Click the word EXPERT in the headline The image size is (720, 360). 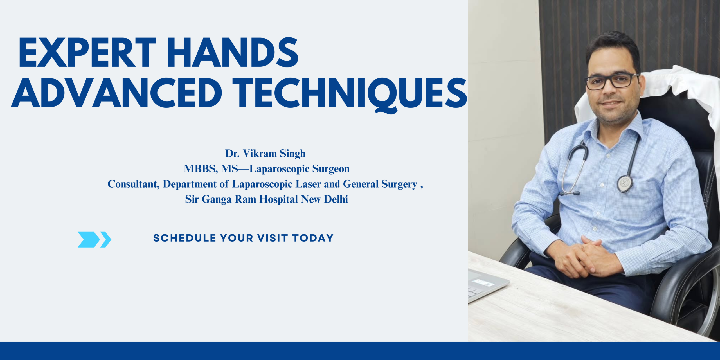coord(87,53)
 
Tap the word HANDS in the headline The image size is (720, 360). coord(233,53)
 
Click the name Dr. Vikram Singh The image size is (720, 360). coord(265,154)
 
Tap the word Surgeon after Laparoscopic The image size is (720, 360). coord(331,169)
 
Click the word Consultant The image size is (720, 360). coord(133,184)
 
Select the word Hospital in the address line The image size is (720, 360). coord(278,199)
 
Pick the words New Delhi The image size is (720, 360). coord(324,199)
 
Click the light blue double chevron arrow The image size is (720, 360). coord(94,239)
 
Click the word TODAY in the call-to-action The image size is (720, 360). coord(313,238)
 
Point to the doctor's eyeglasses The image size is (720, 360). coord(612,82)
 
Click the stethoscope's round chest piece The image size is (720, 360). coord(625,183)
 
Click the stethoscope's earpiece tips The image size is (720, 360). coord(570,193)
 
